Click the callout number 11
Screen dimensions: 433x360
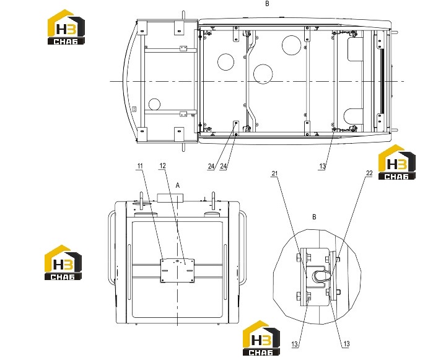point(140,166)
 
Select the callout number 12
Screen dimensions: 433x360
point(162,165)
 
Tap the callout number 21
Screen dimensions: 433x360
point(274,173)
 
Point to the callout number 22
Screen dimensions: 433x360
point(369,173)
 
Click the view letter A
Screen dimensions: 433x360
point(178,185)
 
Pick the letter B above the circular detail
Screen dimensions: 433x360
point(314,217)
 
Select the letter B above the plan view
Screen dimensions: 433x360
point(267,4)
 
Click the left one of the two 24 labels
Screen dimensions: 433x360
point(211,166)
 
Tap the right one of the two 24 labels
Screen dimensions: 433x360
point(223,166)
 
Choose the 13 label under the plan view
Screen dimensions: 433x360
point(322,166)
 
